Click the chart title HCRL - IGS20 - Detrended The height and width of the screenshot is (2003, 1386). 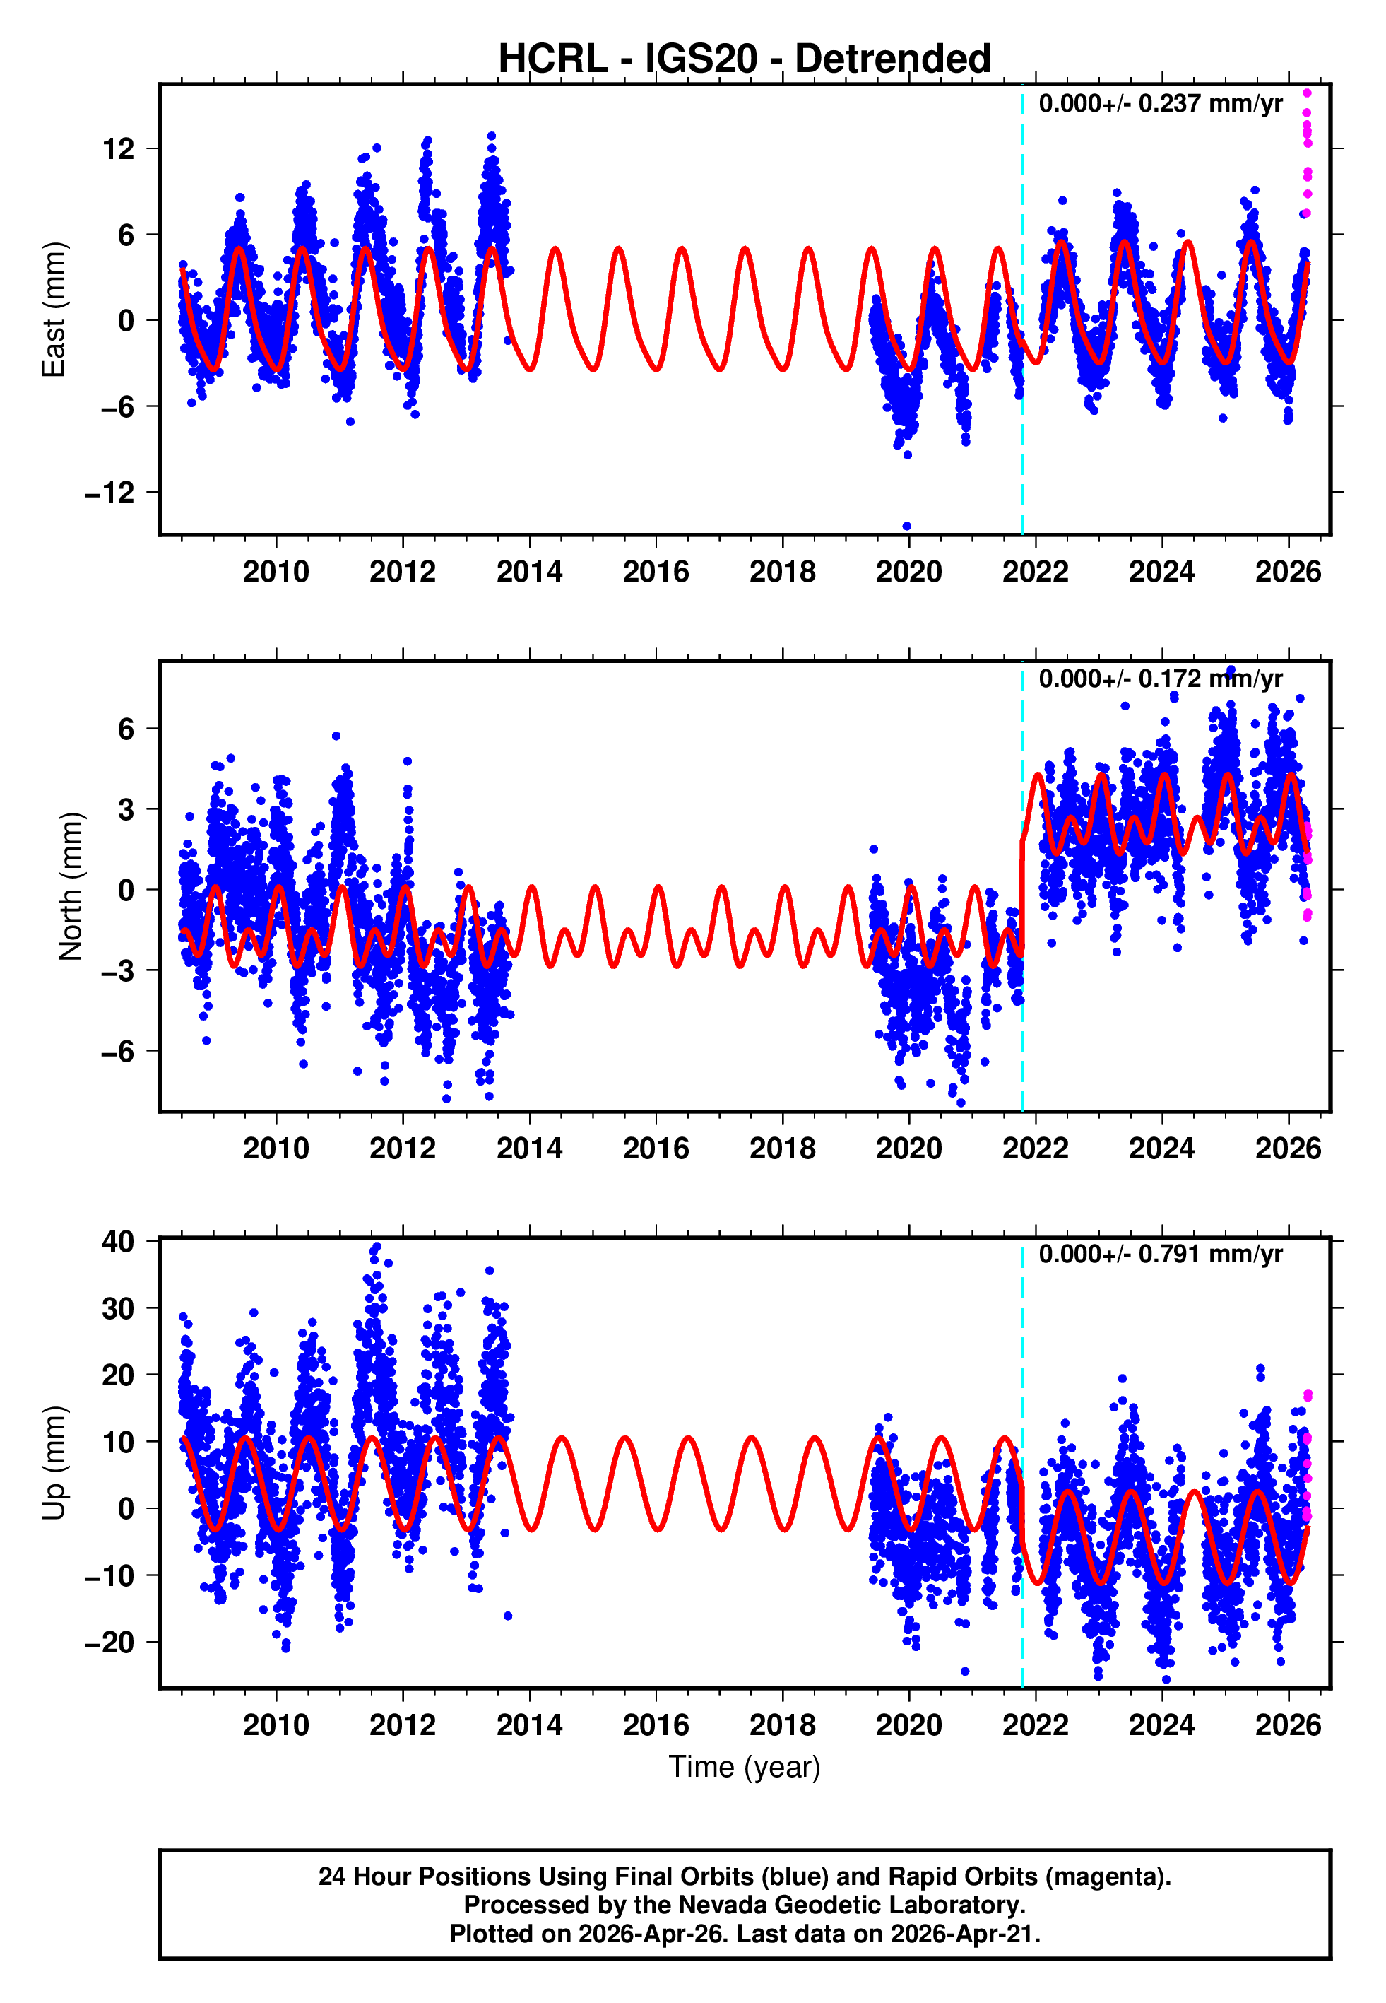[x=745, y=59]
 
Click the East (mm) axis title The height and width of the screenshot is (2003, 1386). [x=54, y=310]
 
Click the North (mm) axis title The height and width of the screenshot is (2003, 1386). [x=71, y=886]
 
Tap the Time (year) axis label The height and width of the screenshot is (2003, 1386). [x=745, y=1767]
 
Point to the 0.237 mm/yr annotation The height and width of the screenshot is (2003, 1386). [x=1160, y=103]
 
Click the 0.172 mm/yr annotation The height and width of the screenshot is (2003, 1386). [x=1160, y=679]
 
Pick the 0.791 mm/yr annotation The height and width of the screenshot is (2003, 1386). [x=1160, y=1255]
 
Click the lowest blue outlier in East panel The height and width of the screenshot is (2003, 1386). [x=906, y=527]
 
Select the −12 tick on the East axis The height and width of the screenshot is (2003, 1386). [x=110, y=493]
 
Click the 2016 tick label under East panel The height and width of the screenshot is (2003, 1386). [x=656, y=572]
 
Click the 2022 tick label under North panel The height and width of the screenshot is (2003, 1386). [x=1035, y=1149]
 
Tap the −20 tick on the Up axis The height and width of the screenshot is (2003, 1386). [x=110, y=1643]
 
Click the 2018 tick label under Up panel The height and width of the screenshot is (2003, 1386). [x=783, y=1725]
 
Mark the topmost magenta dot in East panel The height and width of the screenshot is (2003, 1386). [x=1307, y=93]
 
